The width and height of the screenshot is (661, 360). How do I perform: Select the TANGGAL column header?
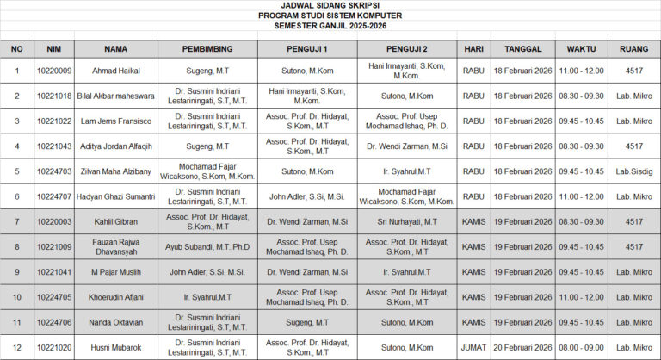coord(523,48)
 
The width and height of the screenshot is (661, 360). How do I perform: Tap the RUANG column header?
coord(633,48)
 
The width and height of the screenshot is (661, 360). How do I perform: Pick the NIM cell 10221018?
coord(53,96)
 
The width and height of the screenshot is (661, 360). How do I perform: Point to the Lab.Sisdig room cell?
coord(633,171)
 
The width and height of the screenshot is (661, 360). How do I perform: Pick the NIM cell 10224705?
coord(53,297)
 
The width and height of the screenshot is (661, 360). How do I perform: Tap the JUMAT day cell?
coord(473,347)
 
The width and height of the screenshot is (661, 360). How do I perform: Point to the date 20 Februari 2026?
coord(523,347)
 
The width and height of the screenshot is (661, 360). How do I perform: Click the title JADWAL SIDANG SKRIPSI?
coord(330,5)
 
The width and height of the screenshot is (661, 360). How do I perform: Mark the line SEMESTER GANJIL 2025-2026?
coord(330,26)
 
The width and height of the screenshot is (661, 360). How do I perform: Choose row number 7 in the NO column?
coord(17,221)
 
